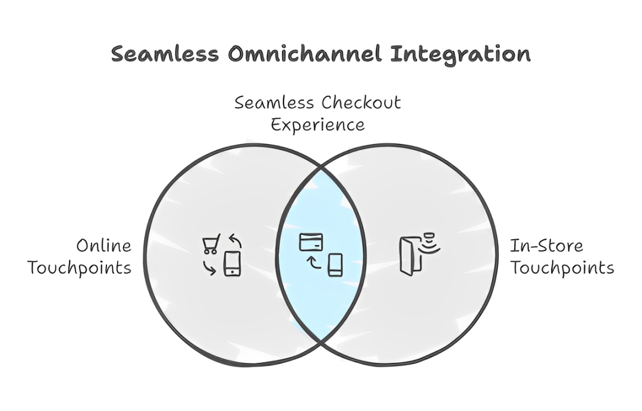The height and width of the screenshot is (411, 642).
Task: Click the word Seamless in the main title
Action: click(165, 54)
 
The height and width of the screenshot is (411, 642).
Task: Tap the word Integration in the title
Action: click(461, 54)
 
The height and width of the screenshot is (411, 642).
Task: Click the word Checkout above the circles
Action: click(361, 103)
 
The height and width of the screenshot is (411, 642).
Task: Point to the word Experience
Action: click(318, 126)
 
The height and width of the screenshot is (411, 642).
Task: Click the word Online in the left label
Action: click(103, 246)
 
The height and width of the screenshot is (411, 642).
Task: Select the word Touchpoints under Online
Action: click(79, 268)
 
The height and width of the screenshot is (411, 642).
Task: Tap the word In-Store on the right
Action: click(538, 246)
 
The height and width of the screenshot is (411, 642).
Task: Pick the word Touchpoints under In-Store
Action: click(562, 268)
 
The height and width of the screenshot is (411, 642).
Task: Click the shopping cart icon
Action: click(210, 244)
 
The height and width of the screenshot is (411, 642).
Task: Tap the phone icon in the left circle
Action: click(232, 263)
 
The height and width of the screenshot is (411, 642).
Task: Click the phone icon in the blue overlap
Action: click(335, 265)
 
